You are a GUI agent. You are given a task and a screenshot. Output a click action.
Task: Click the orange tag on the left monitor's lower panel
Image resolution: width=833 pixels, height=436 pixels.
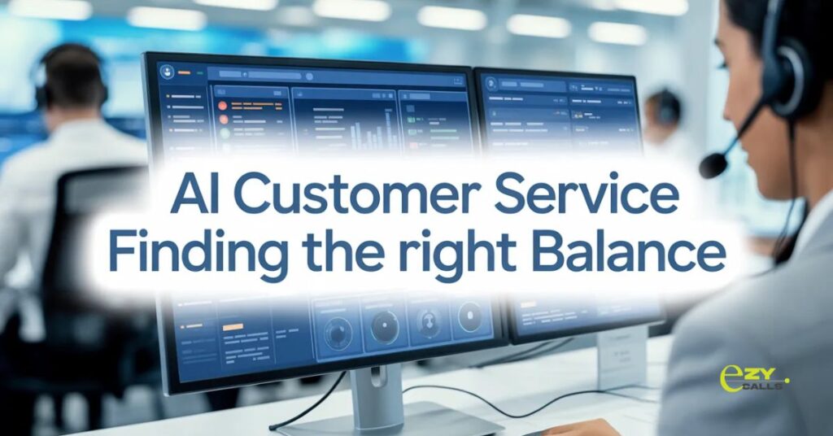pyautogui.click(x=233, y=325)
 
